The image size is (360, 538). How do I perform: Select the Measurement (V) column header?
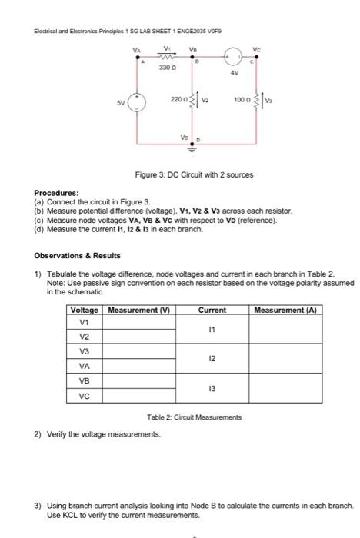tap(138, 310)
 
